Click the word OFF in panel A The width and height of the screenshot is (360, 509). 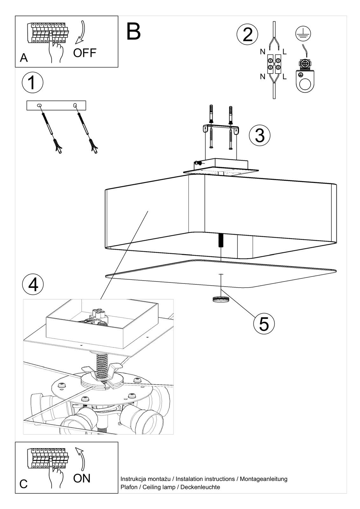click(x=84, y=52)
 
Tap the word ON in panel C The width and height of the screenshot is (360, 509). click(x=82, y=478)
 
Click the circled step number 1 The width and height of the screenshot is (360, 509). click(x=32, y=82)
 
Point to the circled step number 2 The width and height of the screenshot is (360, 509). click(x=247, y=35)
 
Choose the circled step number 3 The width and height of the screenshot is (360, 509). click(x=260, y=135)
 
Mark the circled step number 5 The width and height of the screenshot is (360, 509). click(x=264, y=324)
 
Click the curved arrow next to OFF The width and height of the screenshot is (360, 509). click(x=80, y=32)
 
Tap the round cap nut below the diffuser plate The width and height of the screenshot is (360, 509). click(x=221, y=299)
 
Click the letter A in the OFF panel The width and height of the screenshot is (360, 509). click(x=24, y=58)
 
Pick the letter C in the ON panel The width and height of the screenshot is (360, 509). click(x=24, y=484)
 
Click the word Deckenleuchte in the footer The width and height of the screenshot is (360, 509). click(x=200, y=487)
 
